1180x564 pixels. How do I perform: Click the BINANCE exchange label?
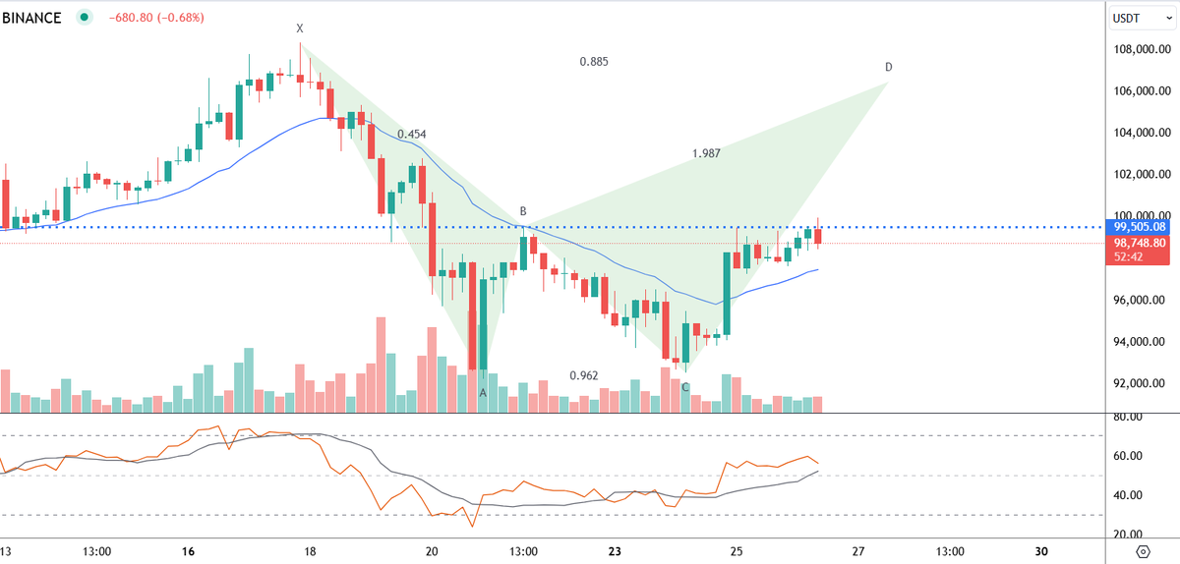(31, 17)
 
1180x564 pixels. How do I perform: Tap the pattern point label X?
(300, 28)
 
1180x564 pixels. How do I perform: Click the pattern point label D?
(888, 68)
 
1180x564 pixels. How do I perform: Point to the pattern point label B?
(523, 212)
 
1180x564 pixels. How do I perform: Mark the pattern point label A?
(483, 392)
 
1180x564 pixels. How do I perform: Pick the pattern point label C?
(685, 387)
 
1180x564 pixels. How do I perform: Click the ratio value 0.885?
(594, 62)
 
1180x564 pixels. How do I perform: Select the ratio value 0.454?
(412, 134)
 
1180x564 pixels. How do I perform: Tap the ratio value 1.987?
(706, 153)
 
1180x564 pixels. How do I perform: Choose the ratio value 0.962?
(584, 375)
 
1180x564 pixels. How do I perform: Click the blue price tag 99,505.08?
(1139, 227)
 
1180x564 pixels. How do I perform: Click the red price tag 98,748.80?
(1139, 243)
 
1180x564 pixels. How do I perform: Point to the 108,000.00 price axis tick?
(1139, 50)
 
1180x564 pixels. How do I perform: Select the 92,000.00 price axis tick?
(1139, 384)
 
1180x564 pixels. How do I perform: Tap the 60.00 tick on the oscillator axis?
(1127, 456)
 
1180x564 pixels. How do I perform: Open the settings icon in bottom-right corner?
(1143, 550)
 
